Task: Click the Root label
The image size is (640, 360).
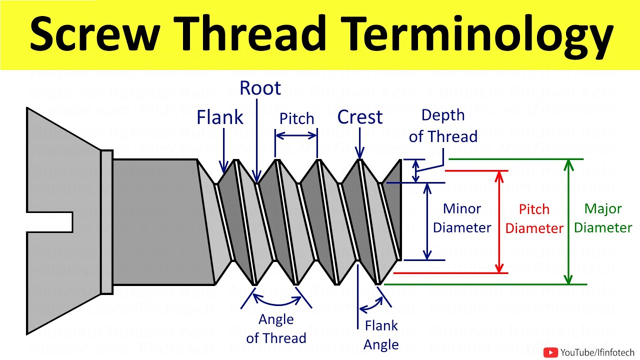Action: click(x=260, y=88)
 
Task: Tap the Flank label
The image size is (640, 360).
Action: click(x=219, y=117)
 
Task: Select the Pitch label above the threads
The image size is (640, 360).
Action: click(x=296, y=119)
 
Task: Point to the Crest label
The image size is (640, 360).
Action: click(x=359, y=117)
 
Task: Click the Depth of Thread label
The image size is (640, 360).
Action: click(x=443, y=125)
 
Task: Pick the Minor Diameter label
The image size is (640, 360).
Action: click(x=461, y=218)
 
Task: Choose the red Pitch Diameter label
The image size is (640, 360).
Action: click(x=534, y=218)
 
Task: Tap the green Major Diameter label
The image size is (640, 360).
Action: click(x=602, y=218)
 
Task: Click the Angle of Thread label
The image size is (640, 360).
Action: click(x=276, y=328)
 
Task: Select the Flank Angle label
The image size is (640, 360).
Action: click(x=381, y=334)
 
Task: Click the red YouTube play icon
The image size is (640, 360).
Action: click(x=550, y=352)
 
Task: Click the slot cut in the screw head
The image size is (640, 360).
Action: click(x=50, y=221)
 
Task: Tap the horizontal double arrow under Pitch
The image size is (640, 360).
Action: click(x=296, y=135)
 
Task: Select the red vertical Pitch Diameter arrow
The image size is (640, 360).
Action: click(x=498, y=221)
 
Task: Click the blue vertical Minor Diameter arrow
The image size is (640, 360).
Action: click(x=427, y=221)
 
